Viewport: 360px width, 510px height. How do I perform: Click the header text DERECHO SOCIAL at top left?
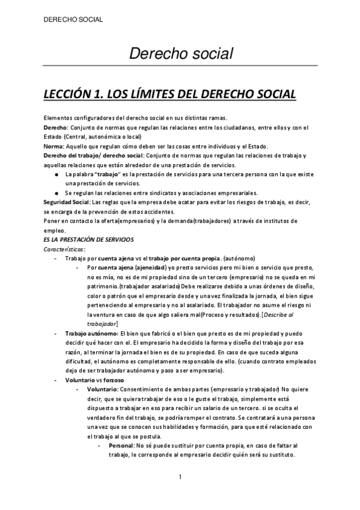point(74,19)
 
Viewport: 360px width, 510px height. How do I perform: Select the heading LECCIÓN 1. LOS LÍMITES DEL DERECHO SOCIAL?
point(170,94)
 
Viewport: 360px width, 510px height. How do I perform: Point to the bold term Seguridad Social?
point(67,202)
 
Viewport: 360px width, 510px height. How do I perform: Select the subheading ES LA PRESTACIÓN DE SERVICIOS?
point(89,239)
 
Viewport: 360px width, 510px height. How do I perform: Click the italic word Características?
point(65,248)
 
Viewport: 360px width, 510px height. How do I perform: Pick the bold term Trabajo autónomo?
point(92,333)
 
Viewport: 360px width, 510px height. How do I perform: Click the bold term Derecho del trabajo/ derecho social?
point(93,156)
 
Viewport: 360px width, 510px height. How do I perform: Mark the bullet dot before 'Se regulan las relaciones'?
point(56,193)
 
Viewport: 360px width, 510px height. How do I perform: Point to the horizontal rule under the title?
point(181,64)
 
